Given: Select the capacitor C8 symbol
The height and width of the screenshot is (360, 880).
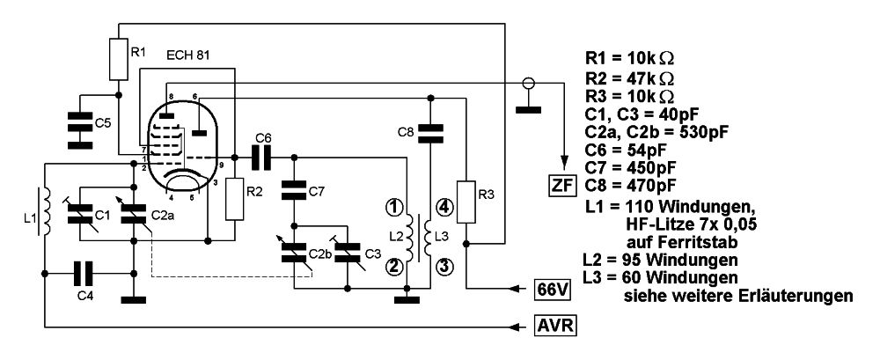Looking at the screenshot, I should (430, 131).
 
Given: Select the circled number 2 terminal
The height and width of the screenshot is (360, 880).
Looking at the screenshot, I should (394, 266).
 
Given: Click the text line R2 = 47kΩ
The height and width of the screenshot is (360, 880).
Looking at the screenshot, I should (631, 77).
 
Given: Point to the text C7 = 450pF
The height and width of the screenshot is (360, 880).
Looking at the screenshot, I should (630, 167).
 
